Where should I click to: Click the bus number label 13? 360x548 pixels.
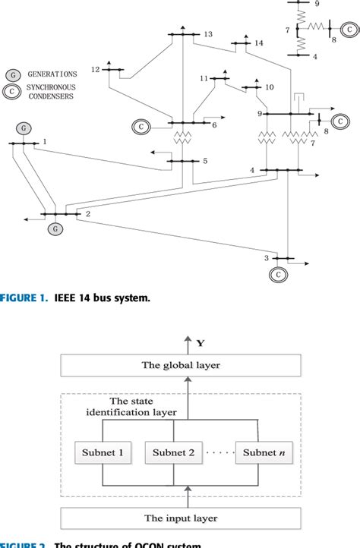(x=208, y=35)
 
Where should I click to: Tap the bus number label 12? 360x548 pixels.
(x=95, y=70)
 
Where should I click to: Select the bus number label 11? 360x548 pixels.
(x=204, y=78)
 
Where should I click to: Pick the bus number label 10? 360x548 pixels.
(x=269, y=88)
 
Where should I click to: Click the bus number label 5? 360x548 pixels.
(x=204, y=161)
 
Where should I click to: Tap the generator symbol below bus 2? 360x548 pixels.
(x=55, y=228)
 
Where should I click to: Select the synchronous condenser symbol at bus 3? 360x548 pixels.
(x=279, y=273)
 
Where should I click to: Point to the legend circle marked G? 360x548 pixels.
(x=13, y=74)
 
